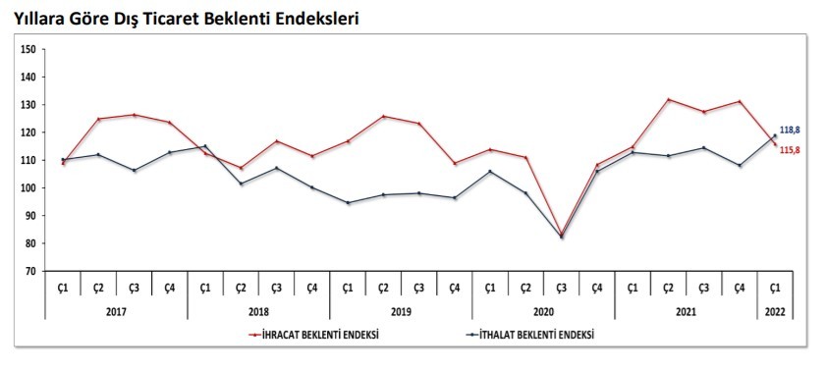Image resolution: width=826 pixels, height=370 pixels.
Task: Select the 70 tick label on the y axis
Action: (x=30, y=271)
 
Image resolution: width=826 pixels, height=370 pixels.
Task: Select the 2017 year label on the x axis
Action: (x=116, y=311)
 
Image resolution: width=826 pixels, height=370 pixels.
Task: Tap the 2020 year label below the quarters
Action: (x=543, y=311)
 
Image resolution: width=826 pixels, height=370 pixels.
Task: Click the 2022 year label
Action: (x=775, y=311)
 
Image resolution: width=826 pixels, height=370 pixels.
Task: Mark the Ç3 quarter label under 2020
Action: (x=561, y=288)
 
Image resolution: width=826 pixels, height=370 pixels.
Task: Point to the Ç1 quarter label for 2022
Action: (x=775, y=288)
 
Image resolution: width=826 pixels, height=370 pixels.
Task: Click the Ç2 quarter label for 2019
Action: (x=383, y=288)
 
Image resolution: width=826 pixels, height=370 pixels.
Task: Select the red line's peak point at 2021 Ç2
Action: (x=668, y=99)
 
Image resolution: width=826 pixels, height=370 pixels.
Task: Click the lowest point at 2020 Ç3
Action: (x=561, y=236)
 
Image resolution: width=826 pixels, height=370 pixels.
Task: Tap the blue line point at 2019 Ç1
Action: (x=348, y=202)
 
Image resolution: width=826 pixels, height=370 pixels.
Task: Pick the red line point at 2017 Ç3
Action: (x=134, y=115)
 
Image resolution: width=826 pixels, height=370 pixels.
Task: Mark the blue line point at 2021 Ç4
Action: (x=740, y=165)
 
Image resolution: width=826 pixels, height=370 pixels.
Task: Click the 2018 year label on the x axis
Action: (x=258, y=311)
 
